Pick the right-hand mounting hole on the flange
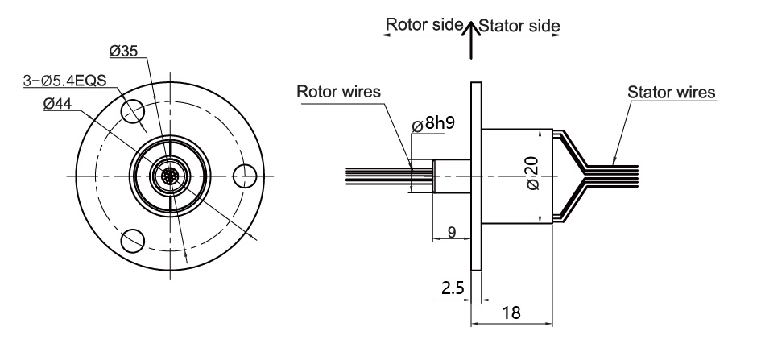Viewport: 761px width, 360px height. pos(243,175)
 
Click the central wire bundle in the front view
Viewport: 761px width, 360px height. pos(170,175)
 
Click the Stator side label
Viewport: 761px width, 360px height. pos(519,26)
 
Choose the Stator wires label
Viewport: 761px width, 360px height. pos(672,92)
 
